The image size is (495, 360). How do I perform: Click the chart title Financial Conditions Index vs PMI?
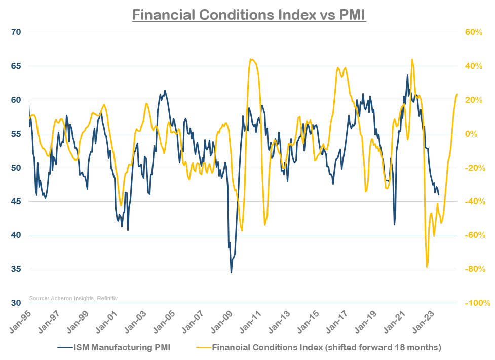248,15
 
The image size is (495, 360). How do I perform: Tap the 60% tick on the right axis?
474,32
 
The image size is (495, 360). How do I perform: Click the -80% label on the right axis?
473,269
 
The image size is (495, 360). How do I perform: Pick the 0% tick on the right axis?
471,134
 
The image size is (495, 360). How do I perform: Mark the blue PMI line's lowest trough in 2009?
232,273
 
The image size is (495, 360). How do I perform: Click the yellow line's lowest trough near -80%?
427,267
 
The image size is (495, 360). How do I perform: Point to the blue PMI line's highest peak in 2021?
407,75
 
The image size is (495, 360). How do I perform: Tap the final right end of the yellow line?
457,94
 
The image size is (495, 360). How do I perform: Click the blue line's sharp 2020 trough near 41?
394,225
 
